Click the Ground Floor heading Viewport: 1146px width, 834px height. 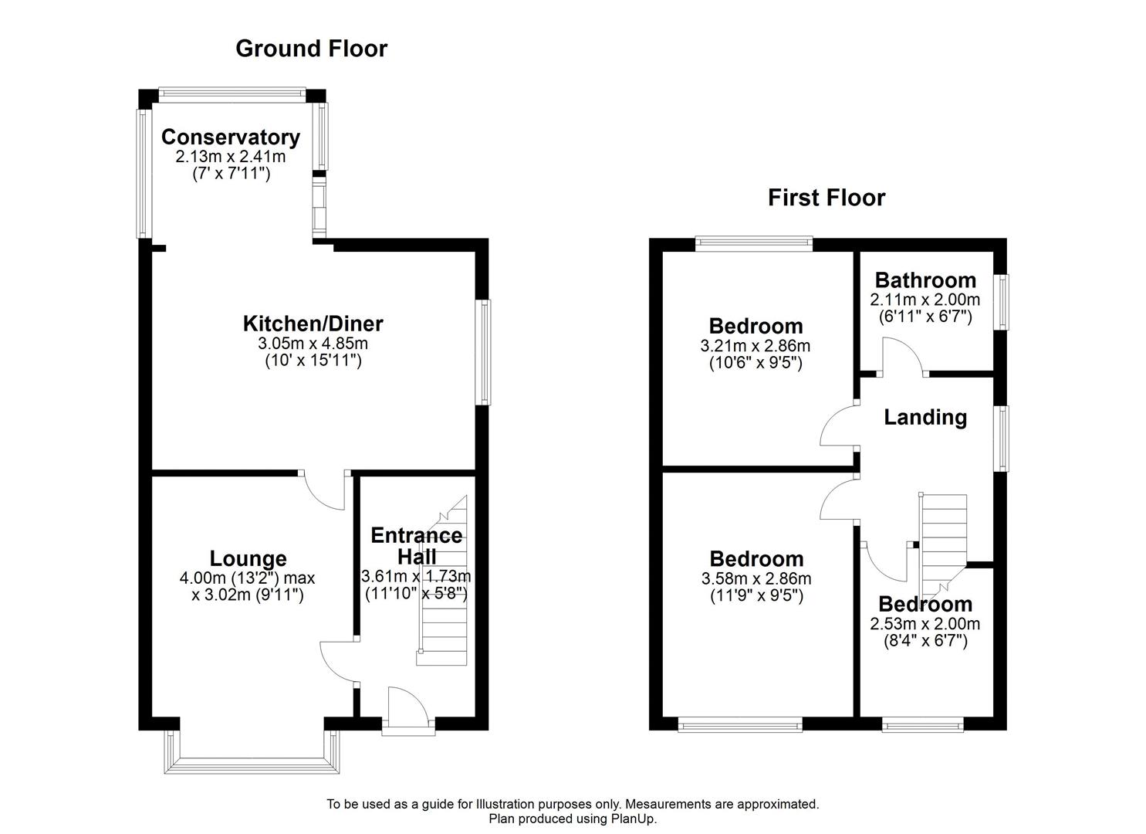pyautogui.click(x=311, y=49)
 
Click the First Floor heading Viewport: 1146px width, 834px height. pyautogui.click(x=826, y=198)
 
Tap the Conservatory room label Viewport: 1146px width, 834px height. pyautogui.click(x=230, y=137)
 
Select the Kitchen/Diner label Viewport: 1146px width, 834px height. pyautogui.click(x=313, y=324)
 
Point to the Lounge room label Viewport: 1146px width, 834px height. pyautogui.click(x=248, y=558)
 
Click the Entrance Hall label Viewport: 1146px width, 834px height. pyautogui.click(x=416, y=546)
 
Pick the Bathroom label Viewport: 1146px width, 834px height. pyautogui.click(x=925, y=280)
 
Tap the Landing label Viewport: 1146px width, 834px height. pyautogui.click(x=925, y=418)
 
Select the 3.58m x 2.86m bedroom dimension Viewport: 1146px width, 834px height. pyautogui.click(x=756, y=578)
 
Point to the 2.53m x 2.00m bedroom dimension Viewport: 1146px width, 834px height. pyautogui.click(x=925, y=624)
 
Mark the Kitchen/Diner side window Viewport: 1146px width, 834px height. pyautogui.click(x=483, y=352)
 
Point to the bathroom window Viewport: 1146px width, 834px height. pyautogui.click(x=1001, y=301)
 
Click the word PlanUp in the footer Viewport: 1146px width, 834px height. pyautogui.click(x=634, y=819)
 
